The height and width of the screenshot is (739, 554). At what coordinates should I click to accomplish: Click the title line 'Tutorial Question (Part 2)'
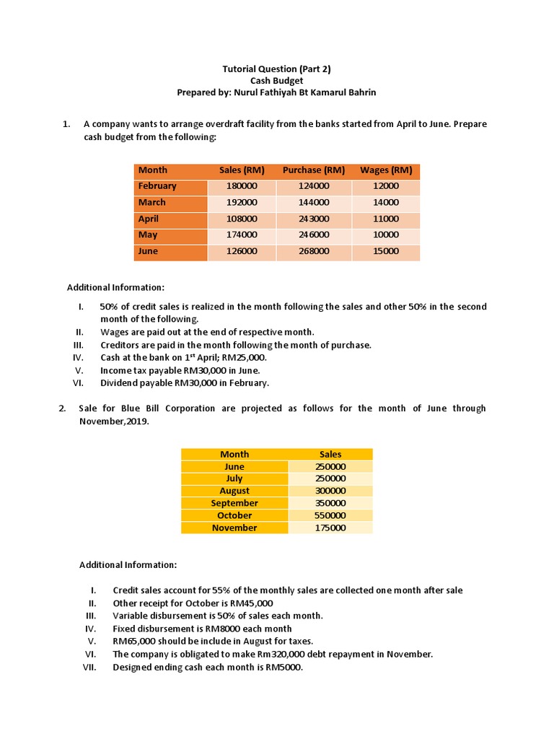277,69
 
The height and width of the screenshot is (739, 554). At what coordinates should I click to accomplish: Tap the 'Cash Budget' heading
277,81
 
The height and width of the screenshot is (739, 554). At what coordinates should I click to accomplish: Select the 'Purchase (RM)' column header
314,170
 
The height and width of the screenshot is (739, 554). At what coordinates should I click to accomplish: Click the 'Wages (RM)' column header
386,170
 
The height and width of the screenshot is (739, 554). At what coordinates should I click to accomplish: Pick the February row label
157,186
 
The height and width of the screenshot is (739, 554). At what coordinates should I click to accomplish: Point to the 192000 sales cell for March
242,203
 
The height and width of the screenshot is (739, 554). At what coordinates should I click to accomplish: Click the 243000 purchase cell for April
314,219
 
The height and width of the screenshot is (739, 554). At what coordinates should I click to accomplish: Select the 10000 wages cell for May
386,235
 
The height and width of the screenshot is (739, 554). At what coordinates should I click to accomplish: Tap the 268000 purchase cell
314,251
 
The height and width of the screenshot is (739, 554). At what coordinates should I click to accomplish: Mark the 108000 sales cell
242,219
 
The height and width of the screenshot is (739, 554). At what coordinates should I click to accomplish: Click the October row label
234,515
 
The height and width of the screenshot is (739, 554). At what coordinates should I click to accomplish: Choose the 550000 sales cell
330,515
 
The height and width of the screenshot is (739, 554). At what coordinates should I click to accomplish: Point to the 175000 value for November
330,528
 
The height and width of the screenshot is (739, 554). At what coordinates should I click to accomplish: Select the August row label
234,491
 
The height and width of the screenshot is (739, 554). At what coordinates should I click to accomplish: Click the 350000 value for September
330,503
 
